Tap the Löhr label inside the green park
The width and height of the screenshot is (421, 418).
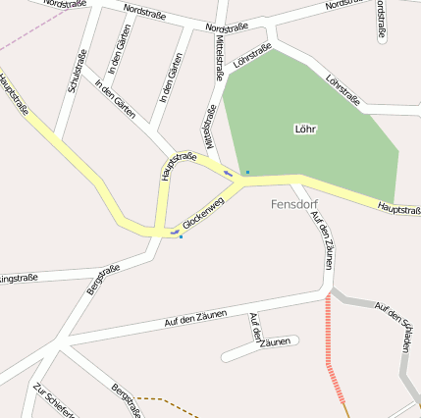click(x=305, y=129)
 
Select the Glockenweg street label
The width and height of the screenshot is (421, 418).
click(x=203, y=213)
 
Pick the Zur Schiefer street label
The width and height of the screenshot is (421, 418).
click(x=53, y=398)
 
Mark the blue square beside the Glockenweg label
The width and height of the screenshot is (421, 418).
click(x=181, y=236)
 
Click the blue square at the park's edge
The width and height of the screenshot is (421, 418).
click(x=247, y=173)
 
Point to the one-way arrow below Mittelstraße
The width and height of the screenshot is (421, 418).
click(x=229, y=174)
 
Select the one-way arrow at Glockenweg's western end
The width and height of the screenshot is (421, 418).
click(x=174, y=232)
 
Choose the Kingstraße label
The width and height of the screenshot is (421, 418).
click(x=20, y=279)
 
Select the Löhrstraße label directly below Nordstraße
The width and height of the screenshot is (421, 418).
click(x=252, y=55)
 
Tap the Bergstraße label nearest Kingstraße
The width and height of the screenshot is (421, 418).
click(x=103, y=279)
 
